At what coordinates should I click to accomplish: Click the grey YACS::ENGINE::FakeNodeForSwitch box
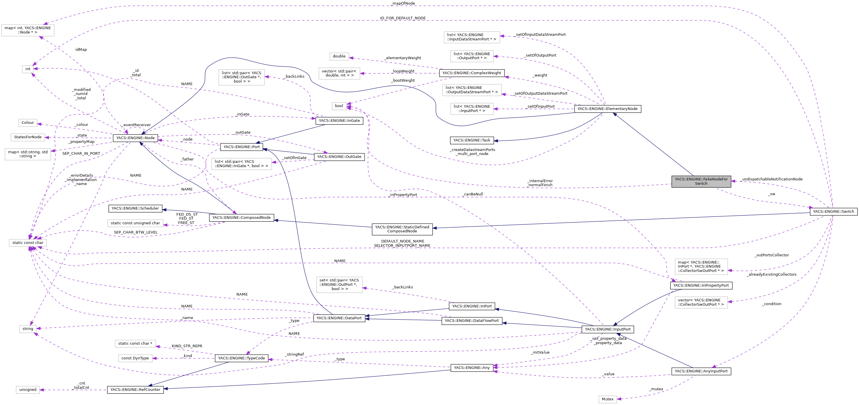coord(701,181)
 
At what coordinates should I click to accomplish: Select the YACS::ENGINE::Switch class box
coord(833,212)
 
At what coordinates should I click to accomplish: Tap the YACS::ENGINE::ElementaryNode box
coord(607,109)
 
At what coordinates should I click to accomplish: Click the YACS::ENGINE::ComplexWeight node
coord(472,73)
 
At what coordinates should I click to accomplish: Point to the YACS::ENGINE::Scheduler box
coord(135,208)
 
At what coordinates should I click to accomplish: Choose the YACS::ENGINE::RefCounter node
coord(135,390)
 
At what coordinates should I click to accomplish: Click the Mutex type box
coord(607,399)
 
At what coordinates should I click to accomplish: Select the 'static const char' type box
coord(28,243)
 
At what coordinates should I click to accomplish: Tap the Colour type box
coord(28,123)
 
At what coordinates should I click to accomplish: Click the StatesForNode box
coord(28,137)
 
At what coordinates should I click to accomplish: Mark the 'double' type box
coord(339,56)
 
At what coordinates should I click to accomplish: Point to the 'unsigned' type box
coord(28,390)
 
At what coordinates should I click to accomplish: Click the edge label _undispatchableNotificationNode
coord(772,179)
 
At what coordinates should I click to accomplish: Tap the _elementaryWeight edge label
coord(403,58)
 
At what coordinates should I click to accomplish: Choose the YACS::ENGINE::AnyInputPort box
coord(701,371)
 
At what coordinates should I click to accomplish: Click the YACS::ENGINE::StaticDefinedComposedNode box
coord(402,229)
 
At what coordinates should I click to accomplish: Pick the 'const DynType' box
coord(135,358)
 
